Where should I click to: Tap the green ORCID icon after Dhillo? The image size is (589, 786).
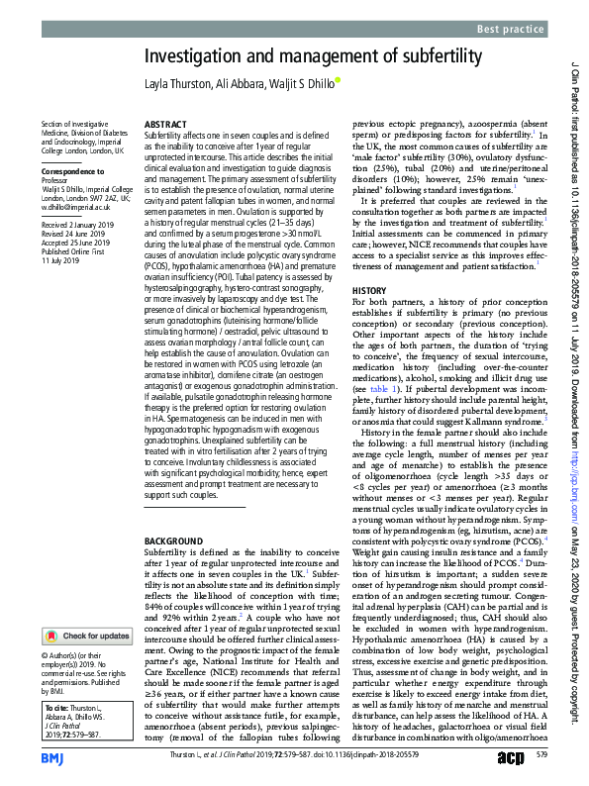click(338, 82)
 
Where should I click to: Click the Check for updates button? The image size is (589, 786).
click(87, 608)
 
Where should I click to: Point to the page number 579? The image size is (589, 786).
click(541, 757)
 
